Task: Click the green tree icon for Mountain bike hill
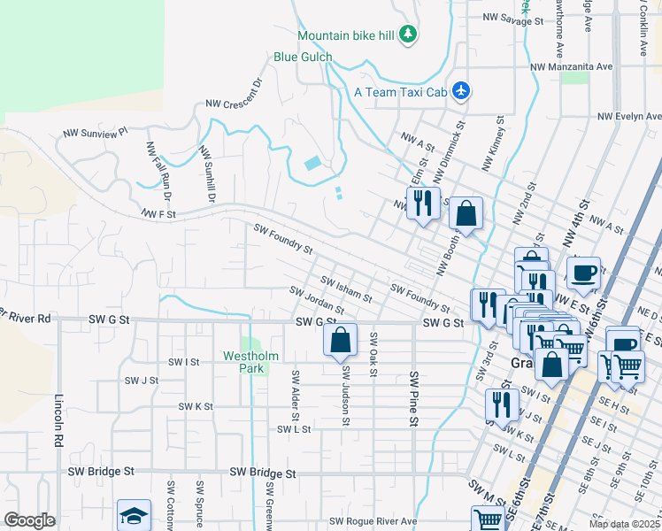coord(407,35)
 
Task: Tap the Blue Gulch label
coord(303,58)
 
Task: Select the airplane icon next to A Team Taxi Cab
coord(460,90)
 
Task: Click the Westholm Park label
coord(250,362)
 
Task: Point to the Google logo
coord(29,520)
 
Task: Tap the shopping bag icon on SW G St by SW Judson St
coord(341,340)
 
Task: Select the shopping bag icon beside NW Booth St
coord(466,213)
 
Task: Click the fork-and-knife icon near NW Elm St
coord(422,203)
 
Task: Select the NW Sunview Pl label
coord(96,133)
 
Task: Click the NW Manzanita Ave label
coord(571,66)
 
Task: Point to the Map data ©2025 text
coord(624,524)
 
